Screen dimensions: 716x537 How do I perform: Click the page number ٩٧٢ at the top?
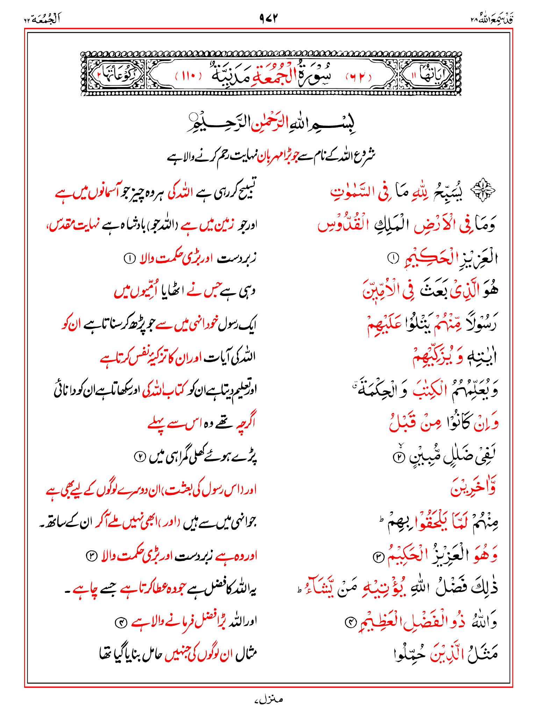point(268,18)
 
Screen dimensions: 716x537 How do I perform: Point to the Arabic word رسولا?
point(480,323)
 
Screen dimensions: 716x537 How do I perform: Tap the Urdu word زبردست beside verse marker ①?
point(236,259)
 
